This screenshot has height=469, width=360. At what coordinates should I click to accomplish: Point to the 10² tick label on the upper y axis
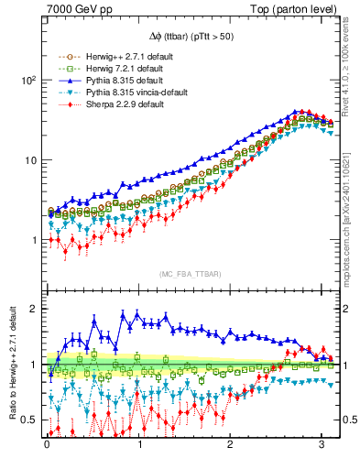tap(27, 81)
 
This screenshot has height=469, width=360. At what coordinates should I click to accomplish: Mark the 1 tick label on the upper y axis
tap(32, 240)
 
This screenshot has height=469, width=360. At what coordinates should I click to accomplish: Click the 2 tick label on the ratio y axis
tap(32, 310)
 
